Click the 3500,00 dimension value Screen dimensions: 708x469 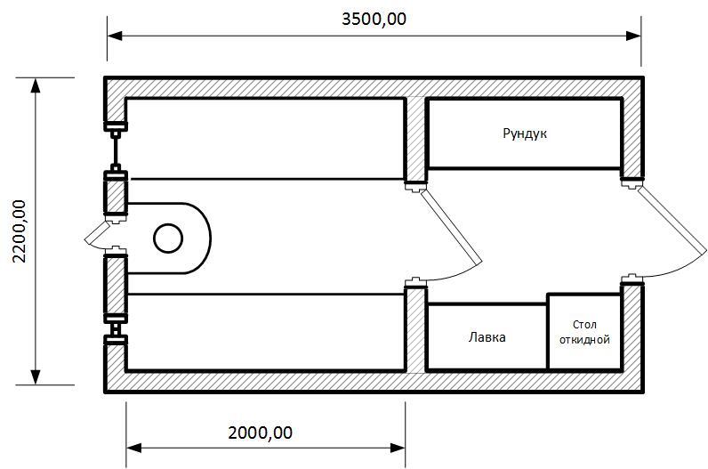click(x=374, y=19)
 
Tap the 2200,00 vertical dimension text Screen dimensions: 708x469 click(x=20, y=231)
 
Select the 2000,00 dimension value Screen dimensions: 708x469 click(x=260, y=433)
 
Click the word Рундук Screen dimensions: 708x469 click(x=525, y=133)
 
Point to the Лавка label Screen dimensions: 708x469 click(x=487, y=337)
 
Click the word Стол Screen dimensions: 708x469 click(x=584, y=325)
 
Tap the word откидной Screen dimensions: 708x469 click(x=584, y=340)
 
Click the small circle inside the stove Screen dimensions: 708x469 click(x=168, y=239)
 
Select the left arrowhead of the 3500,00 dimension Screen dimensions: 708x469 click(x=115, y=36)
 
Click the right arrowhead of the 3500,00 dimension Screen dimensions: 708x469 click(x=633, y=36)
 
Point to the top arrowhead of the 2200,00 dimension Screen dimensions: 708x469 click(x=36, y=85)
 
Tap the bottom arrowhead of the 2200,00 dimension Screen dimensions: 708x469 click(x=36, y=377)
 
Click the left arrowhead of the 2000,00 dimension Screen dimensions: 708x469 click(x=133, y=449)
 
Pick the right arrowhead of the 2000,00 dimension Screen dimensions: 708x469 click(x=398, y=449)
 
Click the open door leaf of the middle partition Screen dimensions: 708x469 click(x=450, y=227)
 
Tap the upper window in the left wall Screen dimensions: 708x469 click(x=116, y=150)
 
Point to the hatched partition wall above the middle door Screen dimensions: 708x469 click(x=415, y=139)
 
